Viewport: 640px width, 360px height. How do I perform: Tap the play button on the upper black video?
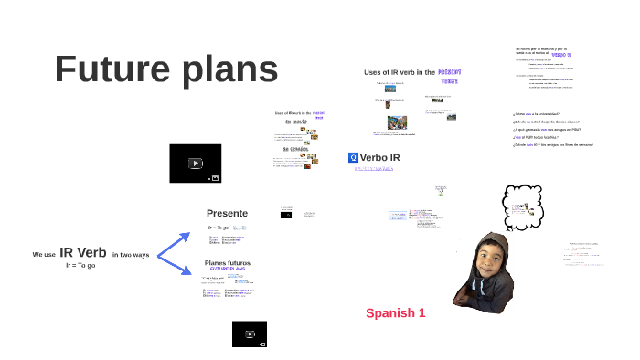(x=195, y=164)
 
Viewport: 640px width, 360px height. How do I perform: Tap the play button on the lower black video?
(x=249, y=334)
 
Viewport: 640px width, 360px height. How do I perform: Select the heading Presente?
(x=227, y=213)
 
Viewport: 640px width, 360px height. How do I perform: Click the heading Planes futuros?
(x=227, y=263)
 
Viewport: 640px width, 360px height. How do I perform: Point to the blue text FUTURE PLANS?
(x=227, y=270)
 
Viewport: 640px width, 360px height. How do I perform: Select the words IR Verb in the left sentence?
(x=83, y=253)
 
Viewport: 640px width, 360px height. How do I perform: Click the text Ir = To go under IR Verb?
(x=80, y=265)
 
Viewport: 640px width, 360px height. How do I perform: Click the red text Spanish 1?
(x=396, y=313)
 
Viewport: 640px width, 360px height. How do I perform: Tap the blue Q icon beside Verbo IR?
(x=353, y=157)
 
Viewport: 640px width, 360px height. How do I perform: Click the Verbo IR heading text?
(x=380, y=158)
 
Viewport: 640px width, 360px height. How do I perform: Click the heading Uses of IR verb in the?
(x=399, y=72)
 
